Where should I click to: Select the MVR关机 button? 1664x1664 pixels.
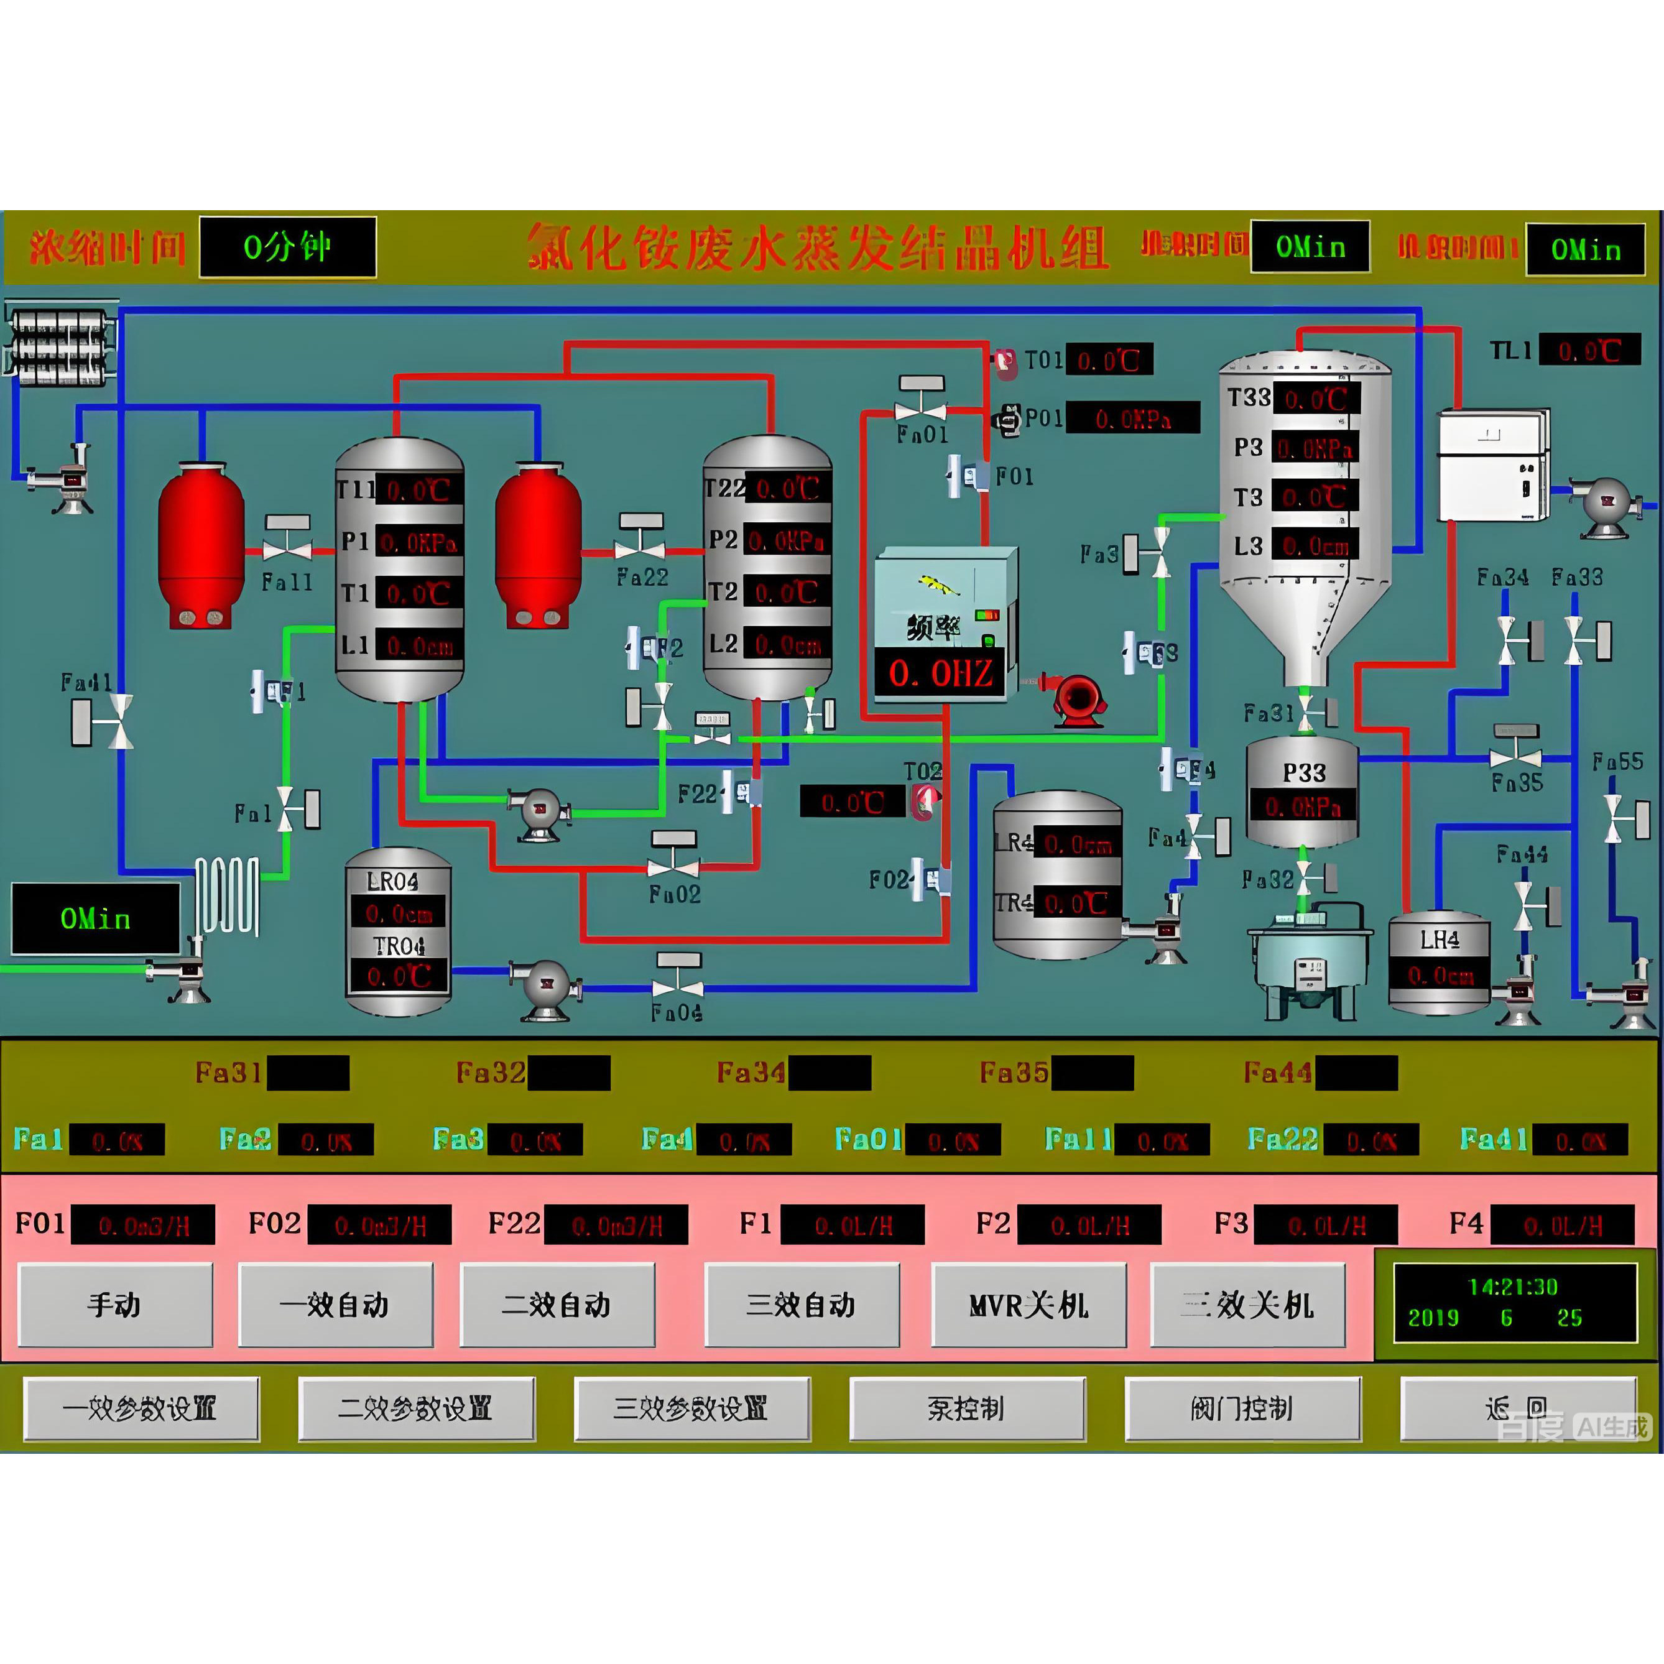pos(1029,1305)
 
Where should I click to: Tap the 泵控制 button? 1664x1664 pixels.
pos(966,1409)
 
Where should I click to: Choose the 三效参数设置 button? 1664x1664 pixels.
pos(691,1409)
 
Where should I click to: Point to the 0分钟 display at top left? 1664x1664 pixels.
pos(288,247)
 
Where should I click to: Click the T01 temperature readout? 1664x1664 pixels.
pos(1109,360)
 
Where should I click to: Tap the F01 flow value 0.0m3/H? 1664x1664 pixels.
pos(143,1225)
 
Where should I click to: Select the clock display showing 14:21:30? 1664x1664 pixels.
pos(1514,1302)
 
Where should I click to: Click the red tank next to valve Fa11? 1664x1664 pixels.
pos(201,545)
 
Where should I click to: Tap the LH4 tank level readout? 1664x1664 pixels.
pos(1439,976)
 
